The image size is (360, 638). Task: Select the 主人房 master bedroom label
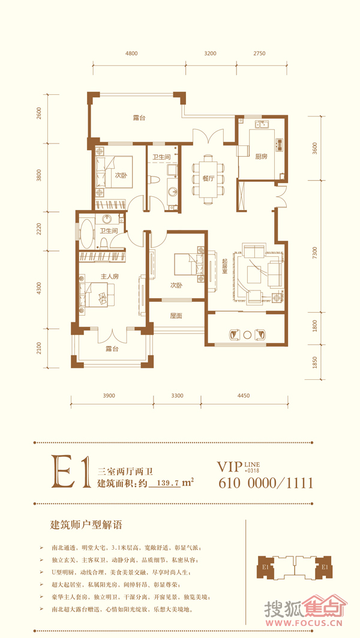click(x=109, y=277)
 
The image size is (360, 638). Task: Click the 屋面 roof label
click(x=176, y=315)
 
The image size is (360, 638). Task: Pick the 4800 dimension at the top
click(x=132, y=53)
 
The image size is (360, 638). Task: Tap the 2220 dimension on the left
click(x=39, y=230)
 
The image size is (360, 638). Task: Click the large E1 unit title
click(x=70, y=472)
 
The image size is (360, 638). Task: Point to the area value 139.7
click(x=165, y=483)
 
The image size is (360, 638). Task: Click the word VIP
click(x=230, y=466)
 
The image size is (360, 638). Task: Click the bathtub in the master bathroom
click(x=86, y=233)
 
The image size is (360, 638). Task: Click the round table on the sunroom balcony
click(x=247, y=334)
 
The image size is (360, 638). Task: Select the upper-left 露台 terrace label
click(x=139, y=118)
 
